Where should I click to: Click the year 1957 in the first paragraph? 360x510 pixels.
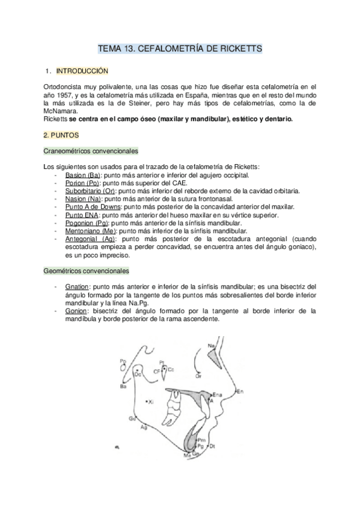pyautogui.click(x=67, y=96)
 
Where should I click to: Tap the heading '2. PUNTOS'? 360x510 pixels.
pyautogui.click(x=62, y=136)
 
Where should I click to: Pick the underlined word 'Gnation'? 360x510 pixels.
pyautogui.click(x=79, y=287)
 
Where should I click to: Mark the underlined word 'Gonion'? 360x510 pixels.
pyautogui.click(x=77, y=311)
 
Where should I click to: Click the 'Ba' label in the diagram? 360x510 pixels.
pyautogui.click(x=123, y=387)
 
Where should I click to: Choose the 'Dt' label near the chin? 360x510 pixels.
pyautogui.click(x=213, y=446)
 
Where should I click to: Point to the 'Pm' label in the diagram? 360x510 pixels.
pyautogui.click(x=201, y=441)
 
